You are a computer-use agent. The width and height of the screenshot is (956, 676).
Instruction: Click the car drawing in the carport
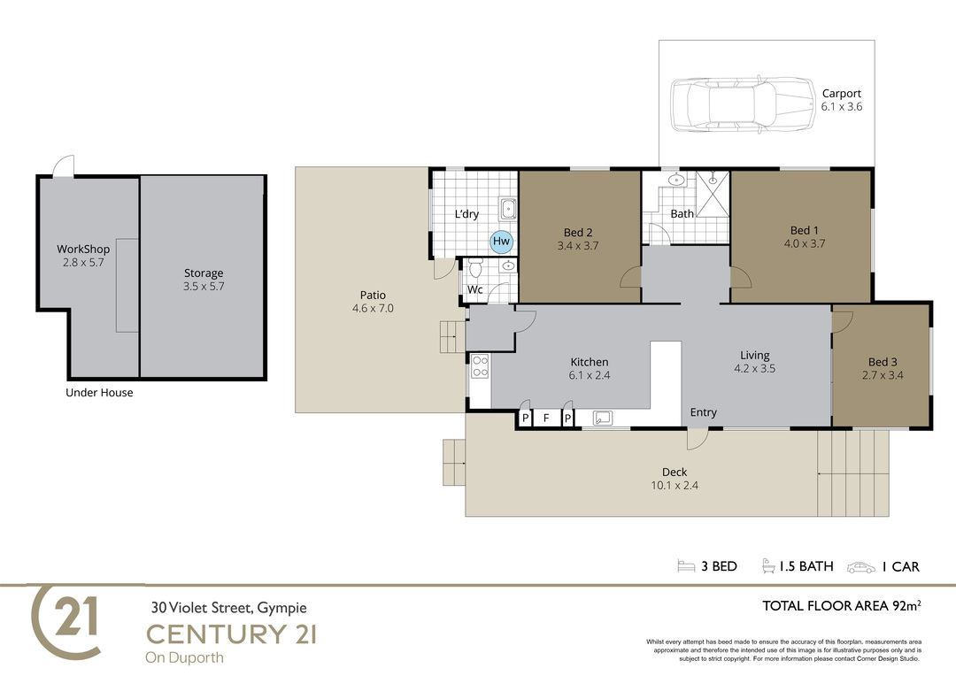[x=743, y=104]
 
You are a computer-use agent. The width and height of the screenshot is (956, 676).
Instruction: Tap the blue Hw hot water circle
[x=501, y=242]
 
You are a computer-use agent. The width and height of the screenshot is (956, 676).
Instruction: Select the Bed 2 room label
[x=578, y=232]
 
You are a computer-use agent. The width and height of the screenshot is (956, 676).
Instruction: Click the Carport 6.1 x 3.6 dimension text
[x=842, y=107]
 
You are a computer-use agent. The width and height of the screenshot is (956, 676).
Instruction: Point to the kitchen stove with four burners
[x=480, y=365]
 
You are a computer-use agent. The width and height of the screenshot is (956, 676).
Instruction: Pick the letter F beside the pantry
[x=546, y=419]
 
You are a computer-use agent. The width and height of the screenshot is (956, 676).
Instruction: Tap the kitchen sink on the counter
[x=603, y=418]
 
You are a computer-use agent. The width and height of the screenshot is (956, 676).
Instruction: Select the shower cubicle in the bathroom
[x=712, y=194]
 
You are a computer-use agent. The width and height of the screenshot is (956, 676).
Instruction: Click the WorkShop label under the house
[x=83, y=249]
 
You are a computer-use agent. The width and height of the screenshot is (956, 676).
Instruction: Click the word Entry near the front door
[x=703, y=412]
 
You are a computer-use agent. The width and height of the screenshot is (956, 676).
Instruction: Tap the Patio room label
[x=373, y=295]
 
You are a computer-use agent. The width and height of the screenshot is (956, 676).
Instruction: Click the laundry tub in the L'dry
[x=508, y=209]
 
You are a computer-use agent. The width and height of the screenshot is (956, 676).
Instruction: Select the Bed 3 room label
[x=883, y=362]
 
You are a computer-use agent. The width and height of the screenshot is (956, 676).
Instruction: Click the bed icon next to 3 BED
[x=686, y=566]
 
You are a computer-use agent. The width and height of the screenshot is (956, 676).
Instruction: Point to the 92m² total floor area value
[x=906, y=605]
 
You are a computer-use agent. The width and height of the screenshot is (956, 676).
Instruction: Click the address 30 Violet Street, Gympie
[x=229, y=608]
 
